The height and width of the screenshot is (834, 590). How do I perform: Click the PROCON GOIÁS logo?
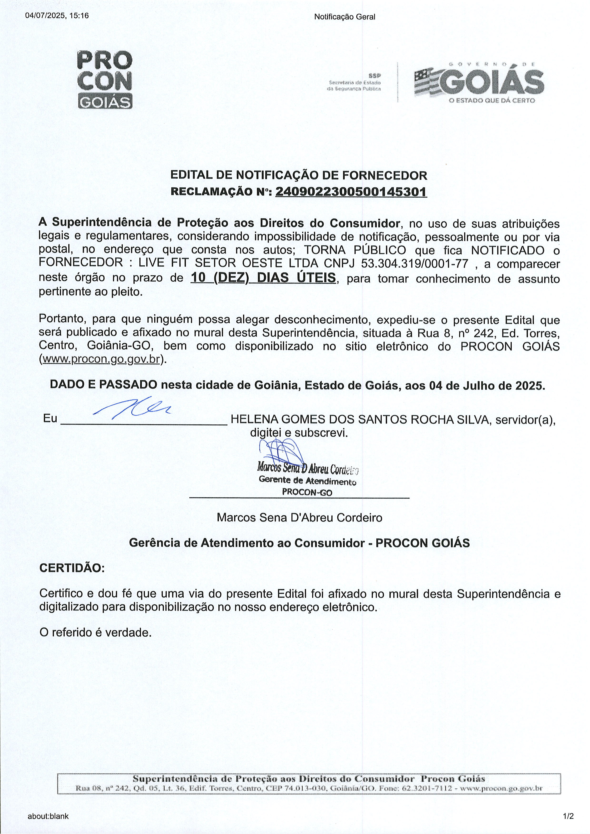[105, 80]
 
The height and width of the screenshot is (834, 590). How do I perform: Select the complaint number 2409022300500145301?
[351, 191]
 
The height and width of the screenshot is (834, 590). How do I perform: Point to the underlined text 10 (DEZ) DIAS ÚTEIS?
[263, 278]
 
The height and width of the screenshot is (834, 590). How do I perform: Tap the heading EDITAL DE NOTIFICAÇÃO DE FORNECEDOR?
[299, 176]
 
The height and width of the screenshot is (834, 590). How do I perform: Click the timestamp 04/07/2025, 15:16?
[57, 16]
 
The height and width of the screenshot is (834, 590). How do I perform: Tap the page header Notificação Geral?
[344, 17]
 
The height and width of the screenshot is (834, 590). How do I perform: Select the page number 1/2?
[568, 816]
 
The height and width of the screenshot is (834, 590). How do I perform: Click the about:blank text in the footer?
[48, 816]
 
